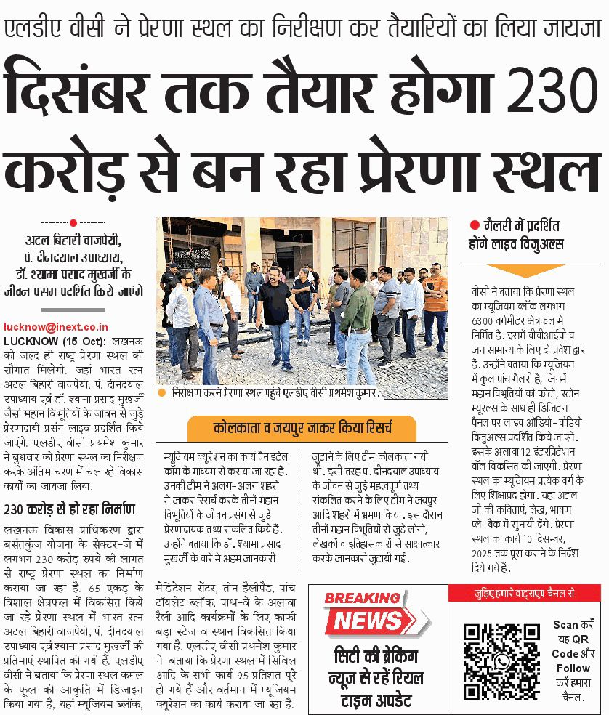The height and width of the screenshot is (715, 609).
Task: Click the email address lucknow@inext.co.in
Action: pyautogui.click(x=56, y=328)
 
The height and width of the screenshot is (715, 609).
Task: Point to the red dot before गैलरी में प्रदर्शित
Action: pyautogui.click(x=475, y=226)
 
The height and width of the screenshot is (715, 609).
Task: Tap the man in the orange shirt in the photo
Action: pyautogui.click(x=435, y=298)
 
